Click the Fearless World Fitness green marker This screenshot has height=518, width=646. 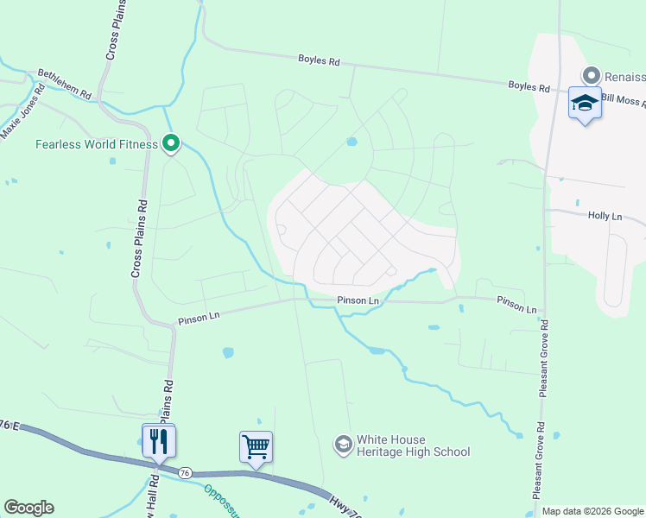click(x=171, y=143)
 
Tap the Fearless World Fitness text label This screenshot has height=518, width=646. click(x=97, y=144)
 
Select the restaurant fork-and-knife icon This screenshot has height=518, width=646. click(x=159, y=441)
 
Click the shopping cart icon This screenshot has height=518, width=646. click(x=256, y=447)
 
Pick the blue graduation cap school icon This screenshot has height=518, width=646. click(x=585, y=103)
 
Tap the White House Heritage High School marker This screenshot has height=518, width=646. click(x=343, y=444)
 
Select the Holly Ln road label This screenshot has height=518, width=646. click(x=605, y=216)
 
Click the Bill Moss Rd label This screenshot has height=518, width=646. click(x=624, y=99)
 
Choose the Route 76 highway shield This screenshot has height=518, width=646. click(x=185, y=473)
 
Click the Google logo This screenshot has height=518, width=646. click(x=28, y=508)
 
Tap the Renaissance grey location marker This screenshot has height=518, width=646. click(x=592, y=75)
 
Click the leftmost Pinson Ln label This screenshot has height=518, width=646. click(x=199, y=319)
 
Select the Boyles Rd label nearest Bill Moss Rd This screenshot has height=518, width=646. click(x=529, y=87)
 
